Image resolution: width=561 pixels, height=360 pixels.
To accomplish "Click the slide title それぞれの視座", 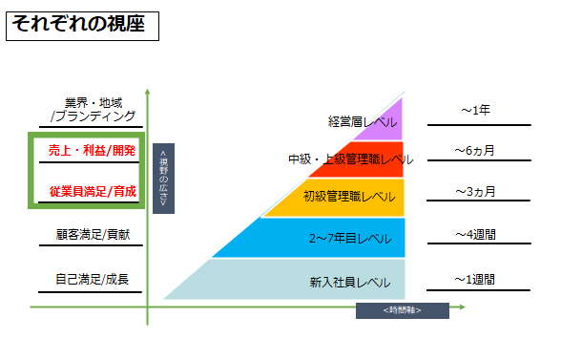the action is point(78,24).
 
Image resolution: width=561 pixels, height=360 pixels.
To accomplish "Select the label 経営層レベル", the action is point(363,122).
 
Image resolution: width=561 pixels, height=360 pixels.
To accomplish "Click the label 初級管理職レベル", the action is point(349,197).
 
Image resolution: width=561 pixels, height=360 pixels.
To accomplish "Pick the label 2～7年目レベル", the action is point(350,239).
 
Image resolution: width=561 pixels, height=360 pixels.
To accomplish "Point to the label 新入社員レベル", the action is point(350,283).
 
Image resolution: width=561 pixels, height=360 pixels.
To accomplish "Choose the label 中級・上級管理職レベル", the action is point(351,159).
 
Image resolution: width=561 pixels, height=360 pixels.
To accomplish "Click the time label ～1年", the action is point(475,110).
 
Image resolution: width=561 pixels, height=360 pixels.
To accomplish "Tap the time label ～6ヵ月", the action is point(475,151).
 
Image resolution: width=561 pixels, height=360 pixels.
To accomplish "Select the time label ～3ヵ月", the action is point(475,192).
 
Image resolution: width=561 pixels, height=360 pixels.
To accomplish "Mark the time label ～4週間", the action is point(475,235).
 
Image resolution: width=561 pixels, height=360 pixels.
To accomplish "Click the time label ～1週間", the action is point(475,279).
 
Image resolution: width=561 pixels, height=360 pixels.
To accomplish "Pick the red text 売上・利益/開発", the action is point(92,151).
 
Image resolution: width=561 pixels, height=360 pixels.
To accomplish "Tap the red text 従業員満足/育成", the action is point(93,192).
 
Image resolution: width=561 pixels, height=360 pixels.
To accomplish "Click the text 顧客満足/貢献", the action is point(93,235).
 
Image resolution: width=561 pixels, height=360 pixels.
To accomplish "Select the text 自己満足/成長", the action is point(92,279).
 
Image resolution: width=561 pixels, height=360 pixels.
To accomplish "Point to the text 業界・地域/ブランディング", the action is point(93,110).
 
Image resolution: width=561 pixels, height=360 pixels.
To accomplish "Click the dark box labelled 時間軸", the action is point(403,310).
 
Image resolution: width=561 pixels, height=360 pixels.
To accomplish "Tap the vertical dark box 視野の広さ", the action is point(163,179).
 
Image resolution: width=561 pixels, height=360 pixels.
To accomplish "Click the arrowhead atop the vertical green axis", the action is point(147,92).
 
